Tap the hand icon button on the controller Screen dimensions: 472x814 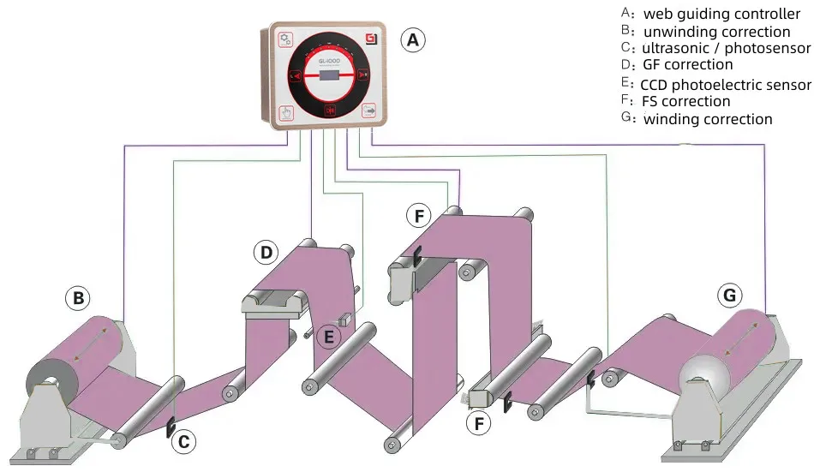tap(286, 111)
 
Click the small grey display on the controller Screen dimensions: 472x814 tap(329, 75)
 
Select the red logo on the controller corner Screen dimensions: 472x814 tap(370, 39)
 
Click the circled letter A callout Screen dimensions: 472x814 tap(413, 39)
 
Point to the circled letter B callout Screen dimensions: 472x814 tap(78, 299)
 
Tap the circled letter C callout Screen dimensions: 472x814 tap(185, 442)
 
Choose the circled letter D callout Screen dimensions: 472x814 tap(266, 253)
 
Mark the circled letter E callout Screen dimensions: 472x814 tap(326, 337)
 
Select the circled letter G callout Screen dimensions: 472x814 tap(729, 296)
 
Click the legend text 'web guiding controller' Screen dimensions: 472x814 tap(721, 14)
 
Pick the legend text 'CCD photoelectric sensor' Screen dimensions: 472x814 tap(725, 84)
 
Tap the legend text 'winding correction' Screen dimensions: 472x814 tap(708, 119)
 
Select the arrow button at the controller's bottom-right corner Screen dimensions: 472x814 tap(370, 111)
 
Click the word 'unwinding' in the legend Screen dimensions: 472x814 tap(679, 32)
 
